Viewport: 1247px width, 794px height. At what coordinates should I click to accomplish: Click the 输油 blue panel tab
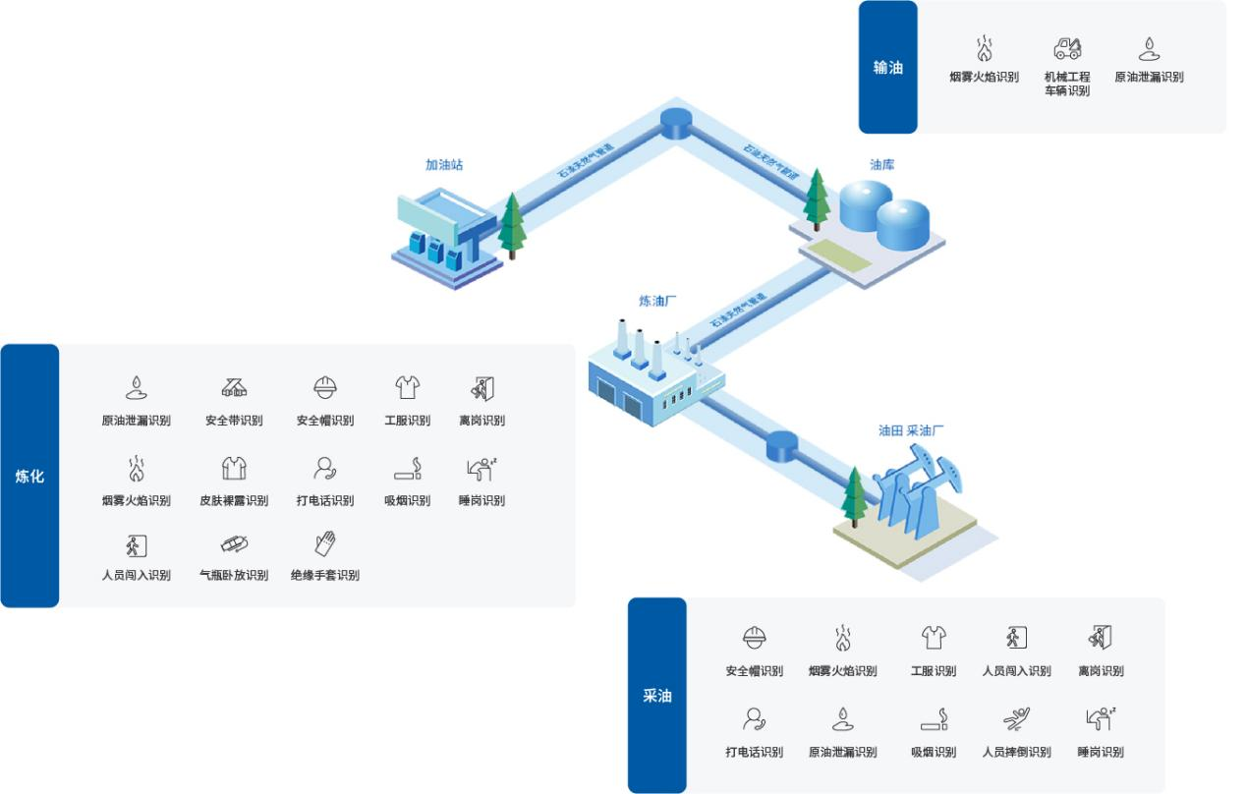click(887, 67)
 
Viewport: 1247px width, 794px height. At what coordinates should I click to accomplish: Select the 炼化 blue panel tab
click(29, 477)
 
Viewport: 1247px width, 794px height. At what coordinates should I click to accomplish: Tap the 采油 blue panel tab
click(657, 695)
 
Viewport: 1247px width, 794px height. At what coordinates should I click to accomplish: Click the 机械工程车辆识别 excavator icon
click(1067, 48)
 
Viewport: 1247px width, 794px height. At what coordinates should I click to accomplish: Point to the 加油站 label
click(443, 165)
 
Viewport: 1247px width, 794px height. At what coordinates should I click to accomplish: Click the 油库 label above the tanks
click(881, 164)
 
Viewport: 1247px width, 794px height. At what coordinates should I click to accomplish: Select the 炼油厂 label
click(657, 301)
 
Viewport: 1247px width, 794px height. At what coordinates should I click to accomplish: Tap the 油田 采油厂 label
click(913, 430)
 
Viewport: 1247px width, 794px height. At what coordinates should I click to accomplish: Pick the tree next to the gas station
click(512, 225)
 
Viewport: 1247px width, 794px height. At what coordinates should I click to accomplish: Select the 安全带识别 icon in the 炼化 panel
click(234, 387)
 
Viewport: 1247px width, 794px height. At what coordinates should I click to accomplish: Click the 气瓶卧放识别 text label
click(234, 575)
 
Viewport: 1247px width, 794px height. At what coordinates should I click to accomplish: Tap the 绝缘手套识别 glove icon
click(325, 543)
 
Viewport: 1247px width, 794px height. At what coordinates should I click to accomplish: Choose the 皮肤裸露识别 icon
click(234, 468)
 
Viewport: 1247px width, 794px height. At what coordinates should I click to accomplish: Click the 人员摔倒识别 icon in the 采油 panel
click(1016, 719)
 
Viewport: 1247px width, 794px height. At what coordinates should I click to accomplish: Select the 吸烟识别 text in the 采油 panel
click(934, 752)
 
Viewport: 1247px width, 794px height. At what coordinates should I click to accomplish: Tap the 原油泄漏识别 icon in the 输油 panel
click(1149, 48)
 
